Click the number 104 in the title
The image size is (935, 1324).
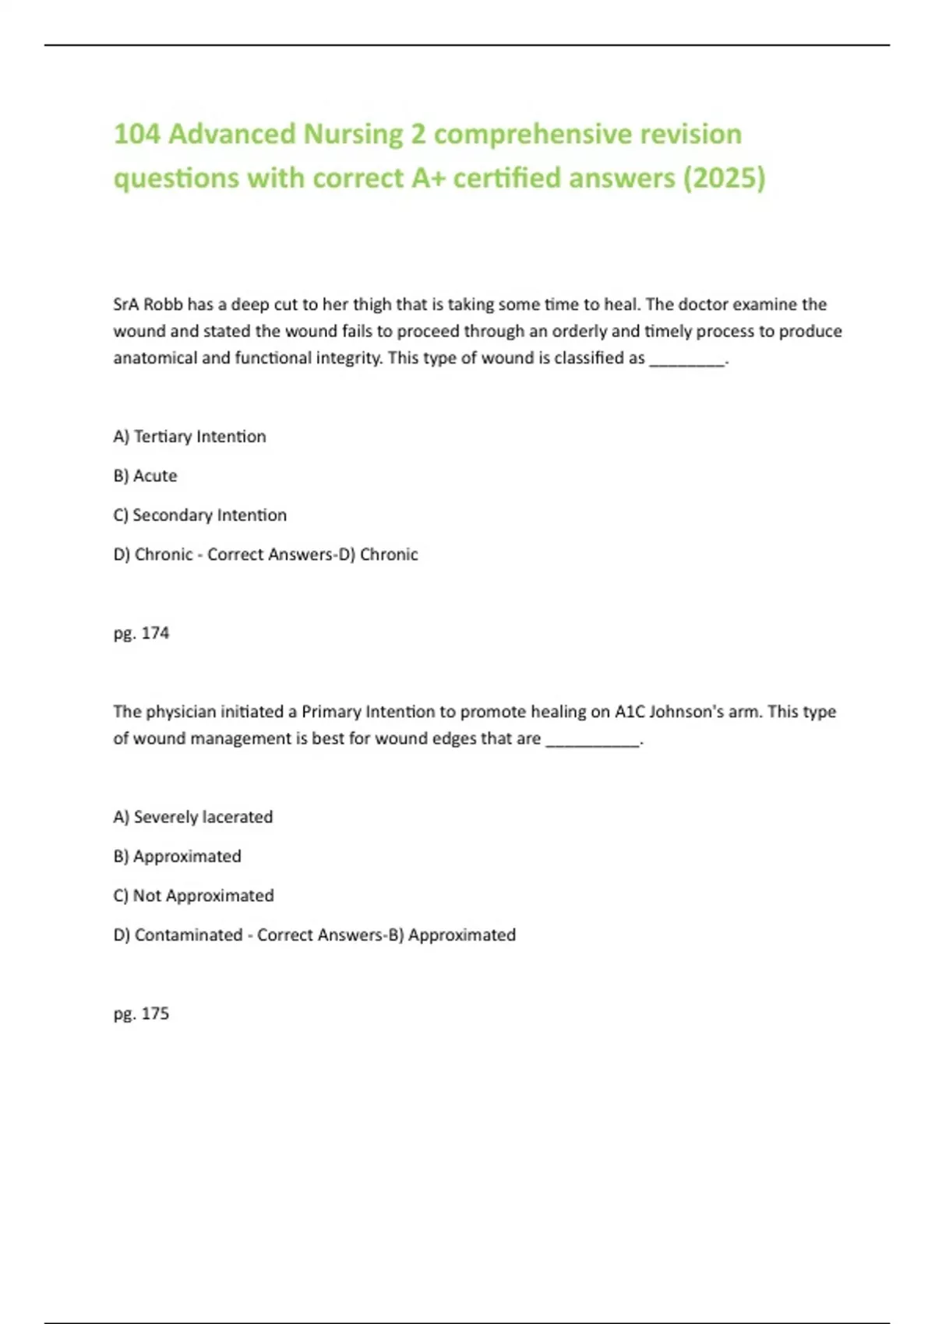pos(136,134)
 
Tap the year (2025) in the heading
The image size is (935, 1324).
pos(724,178)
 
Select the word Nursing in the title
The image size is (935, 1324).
pos(352,134)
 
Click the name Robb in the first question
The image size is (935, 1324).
pos(163,305)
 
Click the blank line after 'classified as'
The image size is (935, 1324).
pos(686,359)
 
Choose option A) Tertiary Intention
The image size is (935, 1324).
pos(189,437)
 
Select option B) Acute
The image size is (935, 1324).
pos(145,476)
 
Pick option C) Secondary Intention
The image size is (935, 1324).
pos(199,516)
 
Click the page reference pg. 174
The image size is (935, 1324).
pos(141,633)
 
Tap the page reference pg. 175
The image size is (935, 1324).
pos(141,1014)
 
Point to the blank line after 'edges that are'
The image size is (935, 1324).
pos(592,739)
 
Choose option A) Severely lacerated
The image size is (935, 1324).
pos(192,817)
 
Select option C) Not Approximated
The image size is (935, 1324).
pos(193,896)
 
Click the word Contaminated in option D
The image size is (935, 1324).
pos(189,935)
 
